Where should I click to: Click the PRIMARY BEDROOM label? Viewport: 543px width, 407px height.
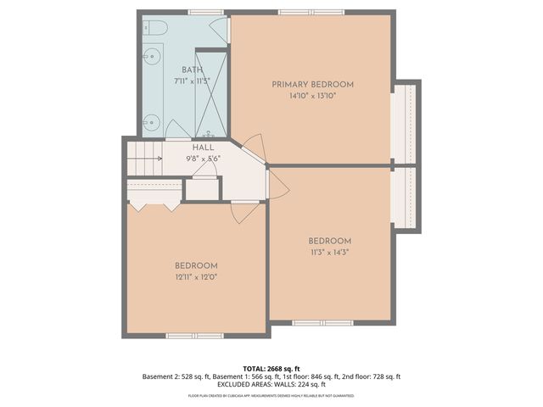(x=312, y=84)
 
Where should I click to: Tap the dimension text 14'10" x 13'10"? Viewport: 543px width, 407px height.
(x=312, y=96)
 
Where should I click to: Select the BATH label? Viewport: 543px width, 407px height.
(x=192, y=70)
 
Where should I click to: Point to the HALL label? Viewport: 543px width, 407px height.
(x=203, y=147)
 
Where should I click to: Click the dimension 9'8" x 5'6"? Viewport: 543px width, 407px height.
(x=203, y=158)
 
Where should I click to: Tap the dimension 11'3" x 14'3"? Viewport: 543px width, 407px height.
(x=329, y=252)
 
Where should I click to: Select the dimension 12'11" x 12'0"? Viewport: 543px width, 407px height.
(x=196, y=276)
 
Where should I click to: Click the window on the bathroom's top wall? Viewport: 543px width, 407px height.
(x=200, y=12)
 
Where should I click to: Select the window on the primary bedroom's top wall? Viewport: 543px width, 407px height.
(x=305, y=12)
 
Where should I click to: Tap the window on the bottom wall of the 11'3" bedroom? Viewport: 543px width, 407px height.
(x=322, y=322)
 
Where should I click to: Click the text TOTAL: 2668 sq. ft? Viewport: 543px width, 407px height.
(x=271, y=368)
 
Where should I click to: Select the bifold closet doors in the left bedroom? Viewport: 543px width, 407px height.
(x=153, y=204)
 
